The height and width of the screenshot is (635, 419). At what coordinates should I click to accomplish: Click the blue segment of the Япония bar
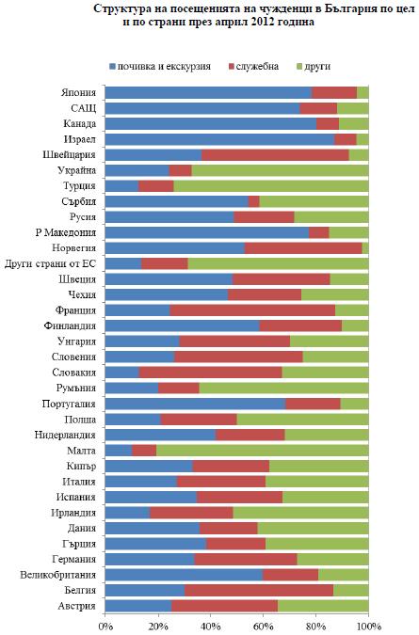(x=208, y=92)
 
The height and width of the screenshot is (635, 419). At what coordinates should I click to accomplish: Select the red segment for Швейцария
(x=275, y=154)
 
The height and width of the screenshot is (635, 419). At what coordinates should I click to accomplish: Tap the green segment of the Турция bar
(x=271, y=186)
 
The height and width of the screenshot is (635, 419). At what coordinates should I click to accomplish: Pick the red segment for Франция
(x=252, y=310)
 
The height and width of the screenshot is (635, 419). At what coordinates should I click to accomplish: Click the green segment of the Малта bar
(x=263, y=451)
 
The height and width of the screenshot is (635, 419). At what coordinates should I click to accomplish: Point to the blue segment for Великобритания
(x=184, y=575)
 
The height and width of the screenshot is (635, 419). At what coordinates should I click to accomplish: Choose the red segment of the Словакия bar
(x=210, y=373)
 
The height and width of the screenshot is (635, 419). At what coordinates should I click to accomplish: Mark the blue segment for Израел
(x=219, y=139)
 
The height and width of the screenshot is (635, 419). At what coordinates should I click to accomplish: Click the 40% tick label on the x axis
(x=210, y=627)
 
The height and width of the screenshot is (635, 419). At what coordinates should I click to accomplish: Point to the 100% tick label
(x=368, y=627)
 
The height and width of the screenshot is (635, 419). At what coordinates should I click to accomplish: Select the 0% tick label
(x=105, y=627)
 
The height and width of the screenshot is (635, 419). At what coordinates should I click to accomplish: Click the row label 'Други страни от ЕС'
(x=51, y=264)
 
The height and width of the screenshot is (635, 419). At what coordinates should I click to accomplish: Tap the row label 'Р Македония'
(x=66, y=233)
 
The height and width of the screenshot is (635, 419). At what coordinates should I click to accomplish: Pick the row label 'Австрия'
(x=76, y=606)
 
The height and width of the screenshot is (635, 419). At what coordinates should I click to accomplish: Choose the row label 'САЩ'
(x=83, y=108)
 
